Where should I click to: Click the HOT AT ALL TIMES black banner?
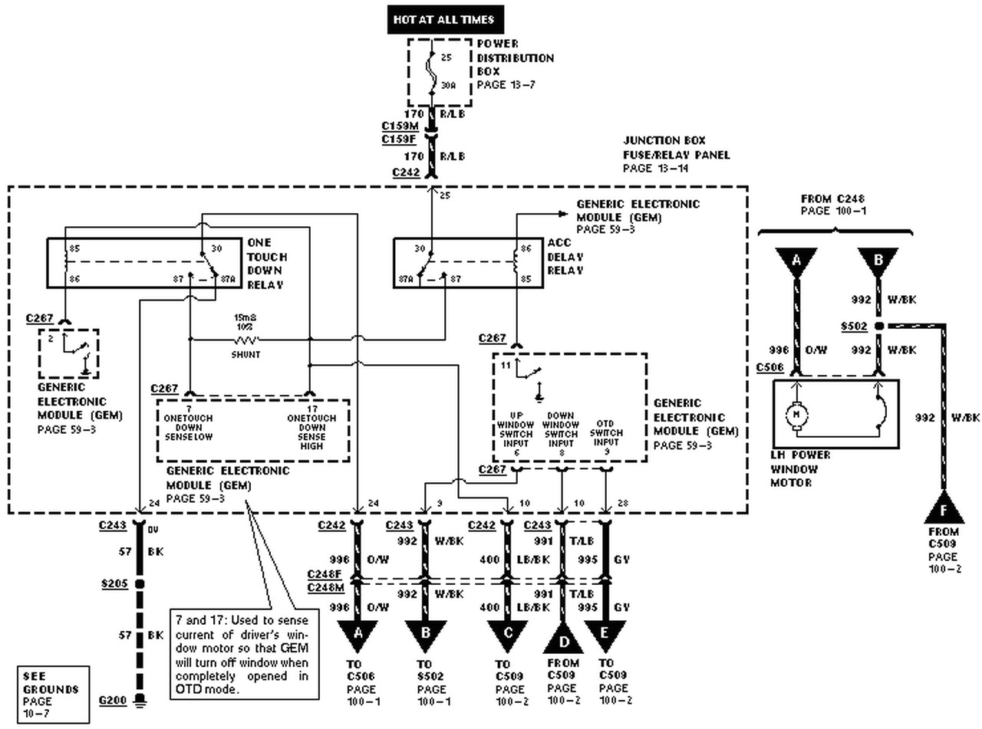443,19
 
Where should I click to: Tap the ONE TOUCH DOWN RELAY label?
266,264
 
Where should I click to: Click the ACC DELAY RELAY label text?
566,257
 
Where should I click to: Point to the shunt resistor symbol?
246,339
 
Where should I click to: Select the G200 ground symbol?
140,700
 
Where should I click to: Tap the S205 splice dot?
140,584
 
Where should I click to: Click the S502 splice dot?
879,326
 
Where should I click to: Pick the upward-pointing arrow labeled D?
562,638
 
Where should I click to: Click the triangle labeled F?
943,507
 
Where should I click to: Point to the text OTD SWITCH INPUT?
605,433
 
